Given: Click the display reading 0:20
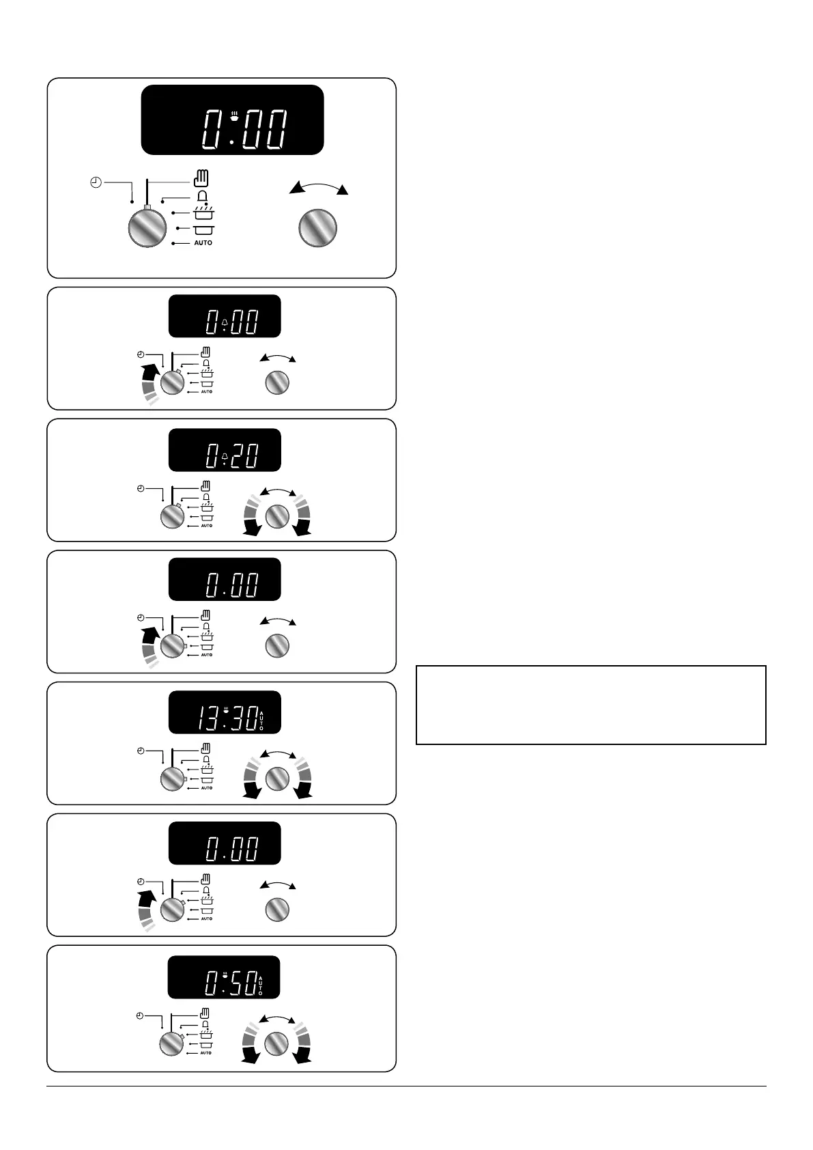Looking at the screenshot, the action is [225, 450].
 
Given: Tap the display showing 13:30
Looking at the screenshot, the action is [225, 713].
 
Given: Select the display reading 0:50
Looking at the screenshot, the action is [225, 977].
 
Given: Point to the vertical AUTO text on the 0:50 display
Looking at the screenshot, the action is [261, 984].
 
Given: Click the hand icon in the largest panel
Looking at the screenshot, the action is [201, 180].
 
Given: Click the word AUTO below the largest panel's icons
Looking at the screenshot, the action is [203, 243].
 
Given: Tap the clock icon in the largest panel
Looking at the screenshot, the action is [96, 182].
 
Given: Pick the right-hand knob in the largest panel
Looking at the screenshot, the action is [317, 227].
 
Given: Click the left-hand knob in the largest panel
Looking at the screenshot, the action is [147, 227].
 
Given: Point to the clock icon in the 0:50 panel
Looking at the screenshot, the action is [139, 1015].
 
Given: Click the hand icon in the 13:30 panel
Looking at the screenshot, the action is [206, 748].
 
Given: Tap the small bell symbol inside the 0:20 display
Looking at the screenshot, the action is [225, 454].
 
